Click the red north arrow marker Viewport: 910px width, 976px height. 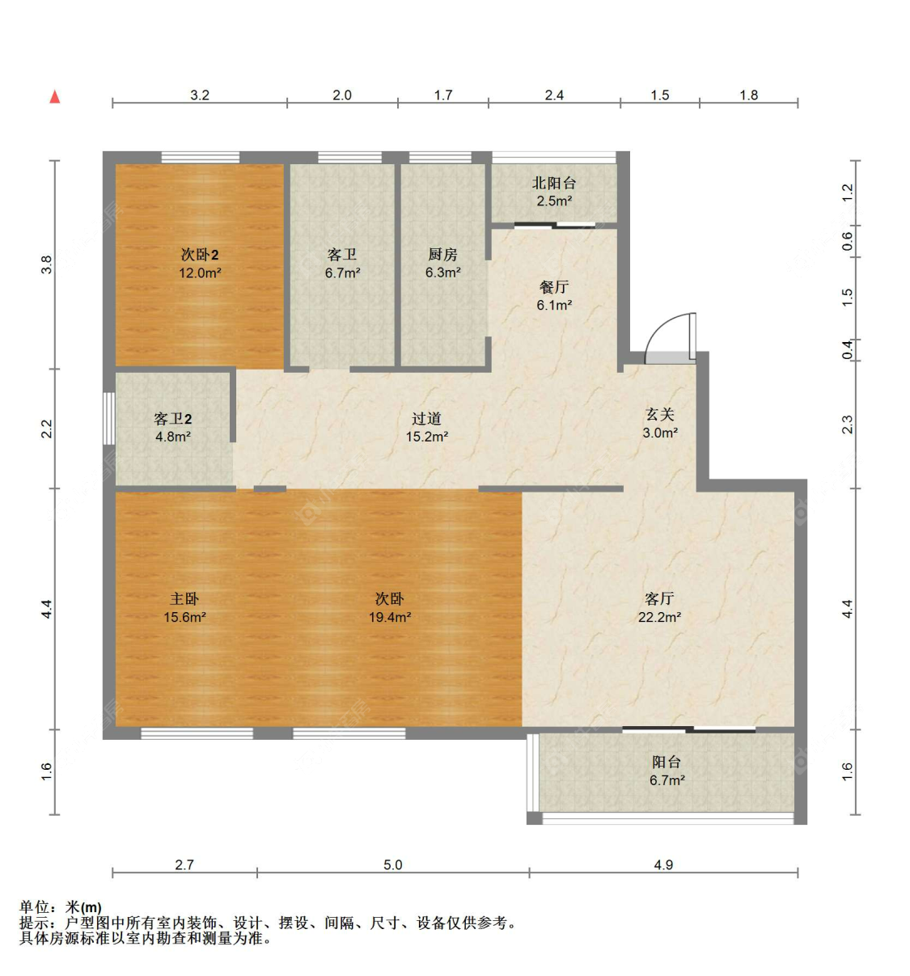coord(55,97)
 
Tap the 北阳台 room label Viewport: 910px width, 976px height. coord(554,184)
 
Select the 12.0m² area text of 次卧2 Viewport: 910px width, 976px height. coord(200,273)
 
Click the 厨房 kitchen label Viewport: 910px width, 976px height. coord(442,255)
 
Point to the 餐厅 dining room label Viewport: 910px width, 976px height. coord(554,287)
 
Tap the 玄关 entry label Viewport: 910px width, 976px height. coord(660,415)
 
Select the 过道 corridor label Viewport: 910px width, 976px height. coord(426,419)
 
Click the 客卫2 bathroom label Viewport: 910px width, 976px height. coord(173,419)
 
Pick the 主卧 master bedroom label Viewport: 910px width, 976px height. coord(184,599)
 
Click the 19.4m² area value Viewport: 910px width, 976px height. coord(390,618)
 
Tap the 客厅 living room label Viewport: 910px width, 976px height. coord(659,599)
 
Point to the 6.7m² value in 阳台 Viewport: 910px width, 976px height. coord(667,780)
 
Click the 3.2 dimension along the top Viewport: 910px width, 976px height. coord(200,95)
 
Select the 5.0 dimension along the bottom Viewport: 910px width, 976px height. coord(392,865)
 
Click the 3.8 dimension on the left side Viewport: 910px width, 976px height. coord(47,264)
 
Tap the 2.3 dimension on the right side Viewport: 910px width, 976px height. coord(847,425)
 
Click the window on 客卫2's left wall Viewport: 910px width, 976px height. coord(108,418)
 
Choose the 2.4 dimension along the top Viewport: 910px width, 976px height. coord(554,95)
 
